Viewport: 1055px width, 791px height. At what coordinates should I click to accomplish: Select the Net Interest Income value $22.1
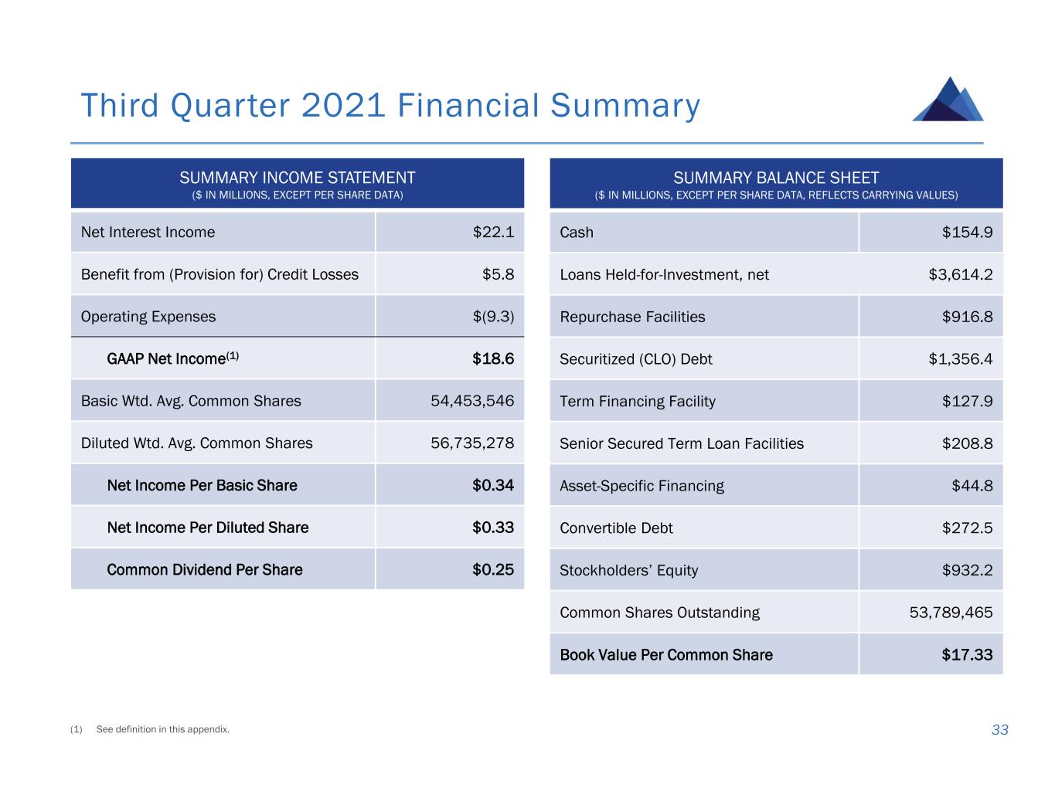[493, 233]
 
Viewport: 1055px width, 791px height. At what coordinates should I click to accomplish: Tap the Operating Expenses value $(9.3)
[493, 317]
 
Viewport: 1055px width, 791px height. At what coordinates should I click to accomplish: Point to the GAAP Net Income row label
[172, 358]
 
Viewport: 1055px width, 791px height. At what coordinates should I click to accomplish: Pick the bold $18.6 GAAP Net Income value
[493, 358]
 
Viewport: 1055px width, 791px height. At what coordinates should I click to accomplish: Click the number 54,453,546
[472, 401]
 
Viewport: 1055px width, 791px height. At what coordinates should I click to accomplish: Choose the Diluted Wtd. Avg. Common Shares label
[196, 443]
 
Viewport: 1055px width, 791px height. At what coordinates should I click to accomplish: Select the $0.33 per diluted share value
[493, 528]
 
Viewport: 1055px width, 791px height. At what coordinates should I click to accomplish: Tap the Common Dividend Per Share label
[205, 569]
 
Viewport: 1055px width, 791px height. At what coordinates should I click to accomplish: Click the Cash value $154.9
[967, 233]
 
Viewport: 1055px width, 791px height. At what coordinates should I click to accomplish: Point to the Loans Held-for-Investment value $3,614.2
[960, 275]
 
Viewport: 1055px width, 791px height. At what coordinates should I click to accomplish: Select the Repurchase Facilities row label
[632, 317]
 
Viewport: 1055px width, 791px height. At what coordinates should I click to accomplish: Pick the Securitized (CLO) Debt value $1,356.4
[960, 359]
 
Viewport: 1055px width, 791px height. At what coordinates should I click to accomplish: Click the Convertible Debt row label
[616, 528]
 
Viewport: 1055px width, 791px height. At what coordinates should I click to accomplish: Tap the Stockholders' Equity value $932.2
[967, 570]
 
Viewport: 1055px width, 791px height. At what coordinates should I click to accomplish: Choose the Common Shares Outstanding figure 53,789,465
[951, 613]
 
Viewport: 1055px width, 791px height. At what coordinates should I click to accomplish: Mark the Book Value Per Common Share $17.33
[967, 654]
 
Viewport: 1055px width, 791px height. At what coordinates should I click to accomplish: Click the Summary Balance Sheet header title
[776, 178]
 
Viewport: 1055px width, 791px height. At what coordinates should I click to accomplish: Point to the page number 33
[999, 729]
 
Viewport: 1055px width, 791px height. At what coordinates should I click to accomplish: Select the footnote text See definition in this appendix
[163, 729]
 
